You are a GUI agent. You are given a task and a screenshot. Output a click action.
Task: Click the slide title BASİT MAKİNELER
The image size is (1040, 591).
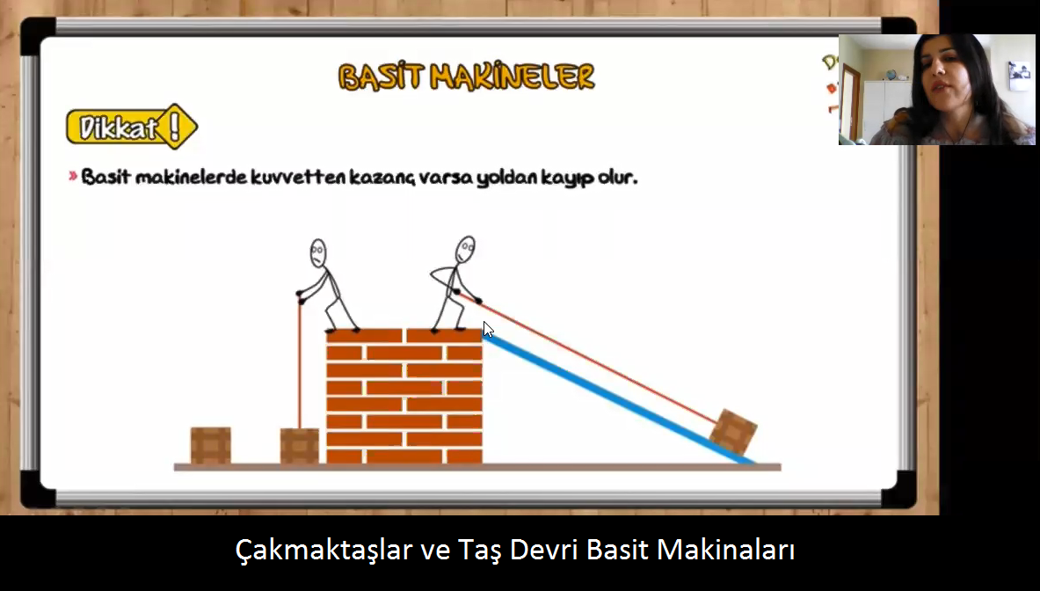[x=466, y=77]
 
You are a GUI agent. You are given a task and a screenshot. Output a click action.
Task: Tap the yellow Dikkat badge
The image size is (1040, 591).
[x=132, y=126]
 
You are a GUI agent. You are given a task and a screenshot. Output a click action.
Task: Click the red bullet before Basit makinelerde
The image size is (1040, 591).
[x=73, y=177]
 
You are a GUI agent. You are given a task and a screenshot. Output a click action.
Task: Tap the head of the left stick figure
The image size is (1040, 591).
[x=318, y=252]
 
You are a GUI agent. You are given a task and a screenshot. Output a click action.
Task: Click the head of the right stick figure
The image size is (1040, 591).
[x=466, y=250]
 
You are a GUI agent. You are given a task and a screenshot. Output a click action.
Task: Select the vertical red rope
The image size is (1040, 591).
[x=300, y=366]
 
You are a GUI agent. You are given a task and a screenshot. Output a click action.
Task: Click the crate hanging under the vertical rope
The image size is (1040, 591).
[x=299, y=446]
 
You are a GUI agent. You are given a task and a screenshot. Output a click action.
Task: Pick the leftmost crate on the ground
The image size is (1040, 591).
[x=211, y=445]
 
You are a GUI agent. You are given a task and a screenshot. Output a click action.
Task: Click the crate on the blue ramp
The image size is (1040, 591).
[x=733, y=432]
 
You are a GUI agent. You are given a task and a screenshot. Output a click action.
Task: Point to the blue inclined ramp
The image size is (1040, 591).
[x=619, y=399]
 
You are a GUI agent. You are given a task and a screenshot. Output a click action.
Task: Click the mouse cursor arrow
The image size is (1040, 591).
[x=488, y=329]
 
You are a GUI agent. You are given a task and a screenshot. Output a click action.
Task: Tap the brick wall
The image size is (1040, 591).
[x=404, y=396]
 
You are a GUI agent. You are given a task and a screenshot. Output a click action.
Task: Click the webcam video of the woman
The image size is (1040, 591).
[x=936, y=90]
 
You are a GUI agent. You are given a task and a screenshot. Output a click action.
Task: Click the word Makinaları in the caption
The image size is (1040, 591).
[x=725, y=549]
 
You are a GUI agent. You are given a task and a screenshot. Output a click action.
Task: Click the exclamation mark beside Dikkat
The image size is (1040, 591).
[x=175, y=126]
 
